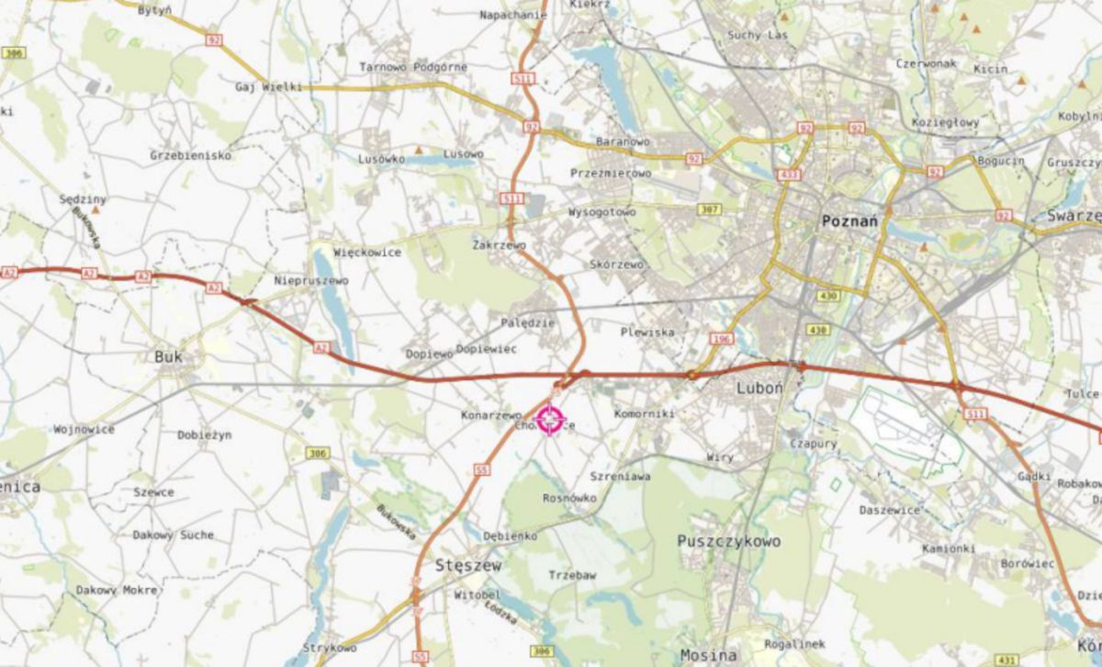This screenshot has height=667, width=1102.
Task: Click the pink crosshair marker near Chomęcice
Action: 549,419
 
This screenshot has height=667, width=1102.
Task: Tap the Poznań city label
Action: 849,220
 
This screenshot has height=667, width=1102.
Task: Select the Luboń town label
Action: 759,389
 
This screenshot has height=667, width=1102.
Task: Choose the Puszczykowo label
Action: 728,541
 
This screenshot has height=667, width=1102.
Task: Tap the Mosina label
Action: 708,655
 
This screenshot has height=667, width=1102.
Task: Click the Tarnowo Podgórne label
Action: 413,67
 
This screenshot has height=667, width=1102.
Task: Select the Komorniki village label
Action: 644,414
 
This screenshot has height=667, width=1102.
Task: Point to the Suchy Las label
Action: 758,36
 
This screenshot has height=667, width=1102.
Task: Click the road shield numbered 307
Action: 708,209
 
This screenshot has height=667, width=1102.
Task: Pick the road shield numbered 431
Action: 1007,660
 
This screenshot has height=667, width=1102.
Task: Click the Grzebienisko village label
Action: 190,155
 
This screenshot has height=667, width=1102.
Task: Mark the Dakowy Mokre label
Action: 117,590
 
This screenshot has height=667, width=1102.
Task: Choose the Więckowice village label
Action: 367,252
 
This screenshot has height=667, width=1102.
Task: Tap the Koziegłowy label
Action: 946,122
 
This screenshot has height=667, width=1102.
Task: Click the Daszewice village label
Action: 889,510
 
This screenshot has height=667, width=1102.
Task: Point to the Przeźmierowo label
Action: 611,173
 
